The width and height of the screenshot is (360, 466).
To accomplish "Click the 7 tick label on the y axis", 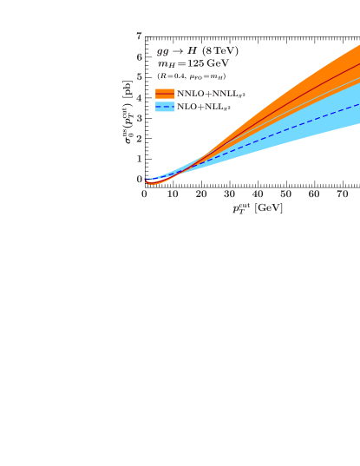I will point(140,36).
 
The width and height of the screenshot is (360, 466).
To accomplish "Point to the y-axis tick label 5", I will point(140,77).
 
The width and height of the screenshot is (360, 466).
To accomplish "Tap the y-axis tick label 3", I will point(140,118).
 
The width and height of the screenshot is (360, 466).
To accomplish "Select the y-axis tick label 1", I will point(140,159).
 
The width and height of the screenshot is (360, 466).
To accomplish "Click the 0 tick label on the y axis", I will point(140,180).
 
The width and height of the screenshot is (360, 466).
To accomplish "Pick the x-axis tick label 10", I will point(173,194).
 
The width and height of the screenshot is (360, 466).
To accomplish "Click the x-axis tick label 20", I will point(201,194).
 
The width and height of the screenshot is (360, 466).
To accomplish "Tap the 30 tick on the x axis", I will point(229,194).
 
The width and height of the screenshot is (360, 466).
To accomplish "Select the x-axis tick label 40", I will point(258,194).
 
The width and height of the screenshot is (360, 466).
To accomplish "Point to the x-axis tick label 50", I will point(285,194).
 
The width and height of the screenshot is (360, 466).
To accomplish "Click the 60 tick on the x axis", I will point(314,194).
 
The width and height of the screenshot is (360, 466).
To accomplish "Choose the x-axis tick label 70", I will point(342,194).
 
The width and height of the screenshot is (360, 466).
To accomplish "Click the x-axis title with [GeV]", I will point(257,208).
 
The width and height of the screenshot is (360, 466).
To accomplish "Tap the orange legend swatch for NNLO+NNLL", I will point(165,93).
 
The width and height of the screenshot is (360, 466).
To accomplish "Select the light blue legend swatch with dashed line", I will point(165,106).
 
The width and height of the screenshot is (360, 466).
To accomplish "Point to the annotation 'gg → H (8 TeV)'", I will point(198,51).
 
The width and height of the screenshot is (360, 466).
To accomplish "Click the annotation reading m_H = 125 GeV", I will point(193,63).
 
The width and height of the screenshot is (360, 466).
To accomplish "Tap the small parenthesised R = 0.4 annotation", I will point(192,75).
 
